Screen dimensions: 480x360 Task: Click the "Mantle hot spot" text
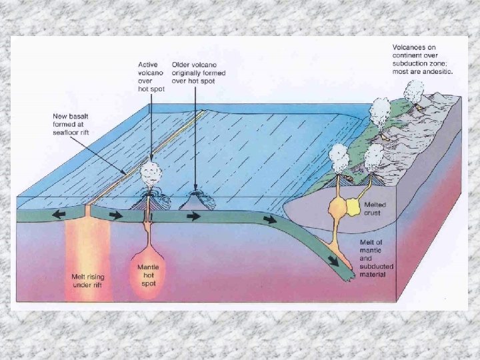[149, 275]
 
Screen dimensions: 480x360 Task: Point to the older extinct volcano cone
[195, 199]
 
